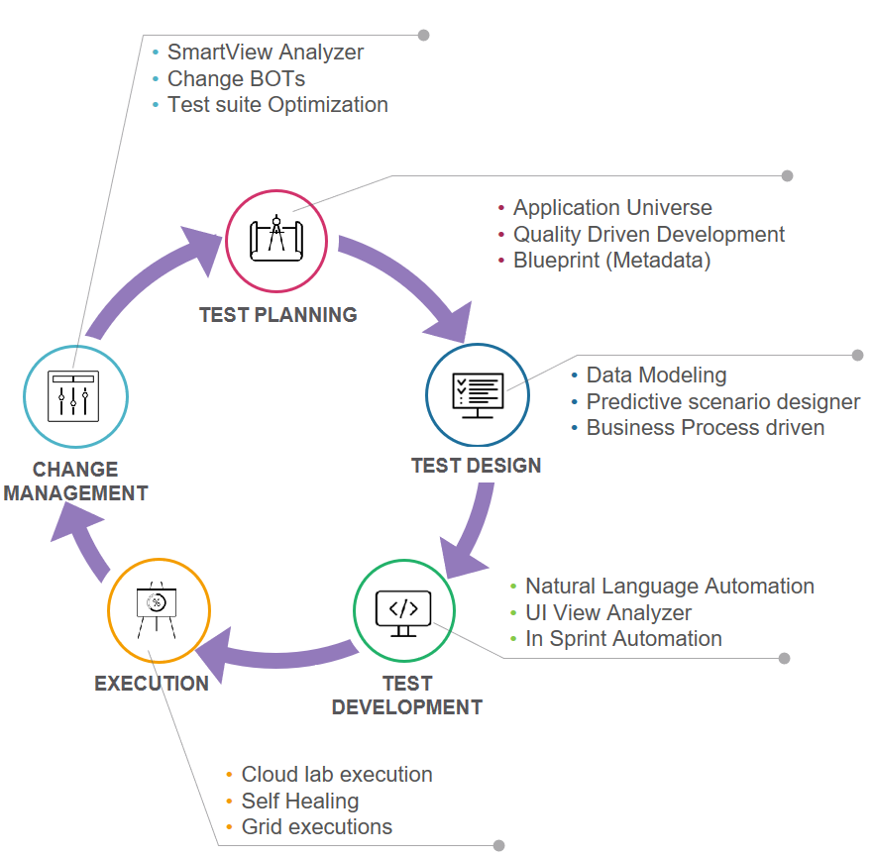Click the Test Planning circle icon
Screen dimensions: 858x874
(x=276, y=239)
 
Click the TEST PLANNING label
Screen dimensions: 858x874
(x=277, y=315)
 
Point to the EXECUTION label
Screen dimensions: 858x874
(x=152, y=684)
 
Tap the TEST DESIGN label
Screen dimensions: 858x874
(x=477, y=466)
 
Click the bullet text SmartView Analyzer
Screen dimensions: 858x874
(x=265, y=53)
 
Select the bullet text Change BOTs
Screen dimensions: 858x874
(x=236, y=78)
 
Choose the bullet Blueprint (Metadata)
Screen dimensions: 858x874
(x=611, y=261)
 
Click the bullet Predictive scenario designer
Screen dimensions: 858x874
(x=722, y=402)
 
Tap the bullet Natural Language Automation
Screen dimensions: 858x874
(x=669, y=587)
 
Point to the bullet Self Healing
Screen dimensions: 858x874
(x=299, y=801)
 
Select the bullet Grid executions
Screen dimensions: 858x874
(x=316, y=826)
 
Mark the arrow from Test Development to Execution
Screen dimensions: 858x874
(x=277, y=651)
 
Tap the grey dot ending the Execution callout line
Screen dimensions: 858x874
(x=498, y=846)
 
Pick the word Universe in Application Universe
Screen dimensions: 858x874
(x=670, y=208)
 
